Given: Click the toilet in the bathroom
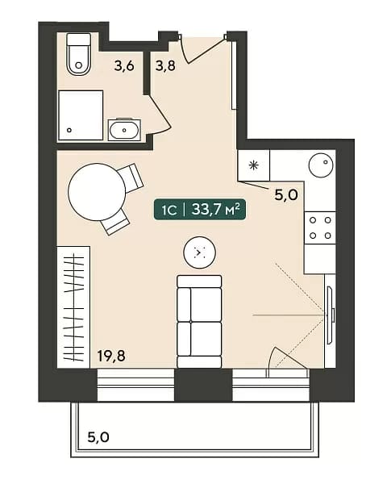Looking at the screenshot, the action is [x=79, y=54].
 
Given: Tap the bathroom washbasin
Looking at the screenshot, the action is [x=124, y=130].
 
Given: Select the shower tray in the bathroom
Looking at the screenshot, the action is [x=81, y=115].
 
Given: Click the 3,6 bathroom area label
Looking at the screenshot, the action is [x=124, y=66].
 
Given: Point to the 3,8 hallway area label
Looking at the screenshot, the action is [x=165, y=66].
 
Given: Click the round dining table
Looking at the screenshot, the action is [x=97, y=192].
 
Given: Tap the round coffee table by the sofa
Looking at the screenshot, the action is [x=199, y=252].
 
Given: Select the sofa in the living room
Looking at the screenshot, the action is [x=199, y=321].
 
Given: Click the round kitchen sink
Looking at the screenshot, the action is [x=321, y=165].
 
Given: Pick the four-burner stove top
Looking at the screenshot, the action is [x=320, y=227].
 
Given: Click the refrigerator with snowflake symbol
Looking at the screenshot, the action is [x=254, y=165].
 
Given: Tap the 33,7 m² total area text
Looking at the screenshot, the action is [x=216, y=210].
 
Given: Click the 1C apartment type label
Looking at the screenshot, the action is [x=169, y=211].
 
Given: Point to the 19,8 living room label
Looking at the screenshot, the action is [x=111, y=356].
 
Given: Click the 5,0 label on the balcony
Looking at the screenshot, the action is [x=98, y=437].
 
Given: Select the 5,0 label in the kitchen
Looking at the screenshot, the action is [x=286, y=195].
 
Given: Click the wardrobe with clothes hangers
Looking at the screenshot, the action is [x=73, y=307].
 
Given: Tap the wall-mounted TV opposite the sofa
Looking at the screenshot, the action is [x=331, y=315].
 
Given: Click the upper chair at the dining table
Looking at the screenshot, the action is [x=131, y=178].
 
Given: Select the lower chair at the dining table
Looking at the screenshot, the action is [x=115, y=222].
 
